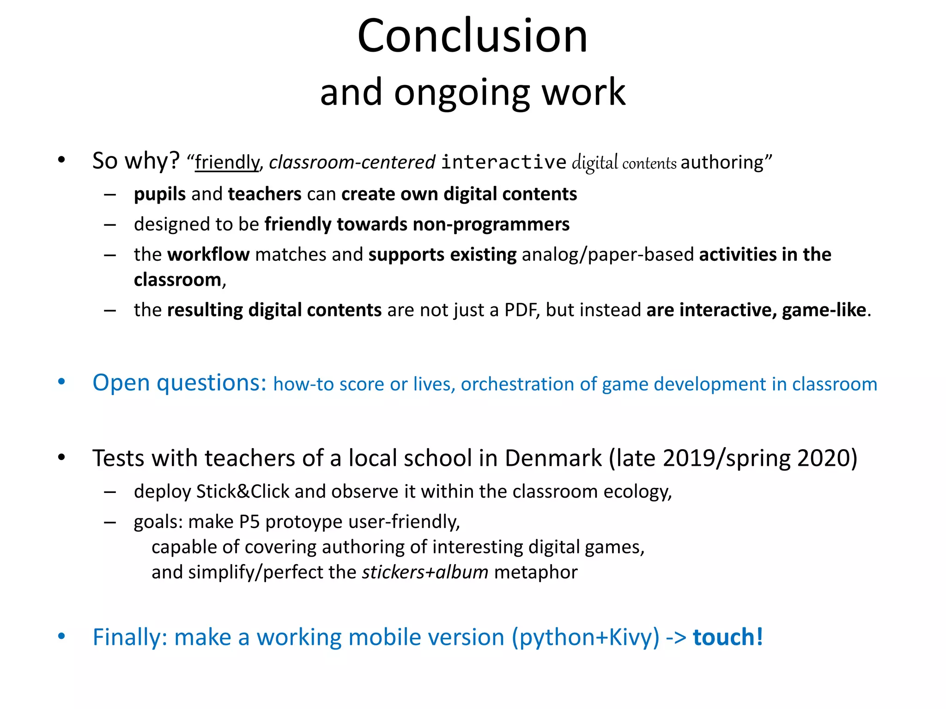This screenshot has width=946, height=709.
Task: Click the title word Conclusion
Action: [472, 36]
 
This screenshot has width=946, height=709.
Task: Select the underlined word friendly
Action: [227, 162]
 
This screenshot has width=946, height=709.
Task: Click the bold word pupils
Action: [160, 194]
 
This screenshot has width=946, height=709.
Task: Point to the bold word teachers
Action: [265, 194]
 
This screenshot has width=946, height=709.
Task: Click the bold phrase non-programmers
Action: [491, 224]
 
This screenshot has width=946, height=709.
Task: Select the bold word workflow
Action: [208, 255]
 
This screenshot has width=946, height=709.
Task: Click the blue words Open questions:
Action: [179, 383]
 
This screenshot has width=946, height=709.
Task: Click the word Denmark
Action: [553, 459]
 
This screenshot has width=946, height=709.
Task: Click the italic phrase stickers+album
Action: [425, 572]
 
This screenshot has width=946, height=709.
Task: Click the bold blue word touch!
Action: [728, 637]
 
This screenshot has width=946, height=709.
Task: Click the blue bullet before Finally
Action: [61, 637]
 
